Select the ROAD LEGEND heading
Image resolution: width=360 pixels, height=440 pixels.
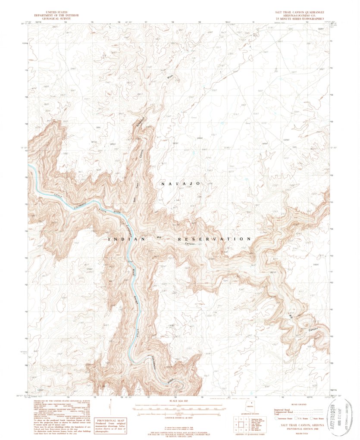(x=301, y=406)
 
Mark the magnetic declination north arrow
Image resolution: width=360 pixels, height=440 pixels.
(x=113, y=407)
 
